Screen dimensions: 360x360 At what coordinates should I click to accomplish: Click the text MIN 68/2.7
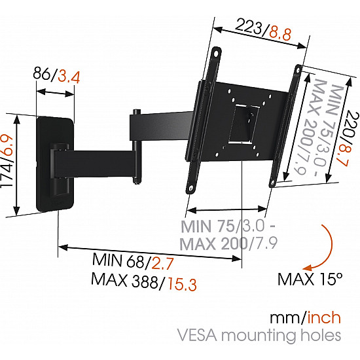pos(133,261)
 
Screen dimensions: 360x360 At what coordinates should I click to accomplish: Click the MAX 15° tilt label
pos(310,279)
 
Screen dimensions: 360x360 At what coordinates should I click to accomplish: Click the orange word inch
pos(323,318)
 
